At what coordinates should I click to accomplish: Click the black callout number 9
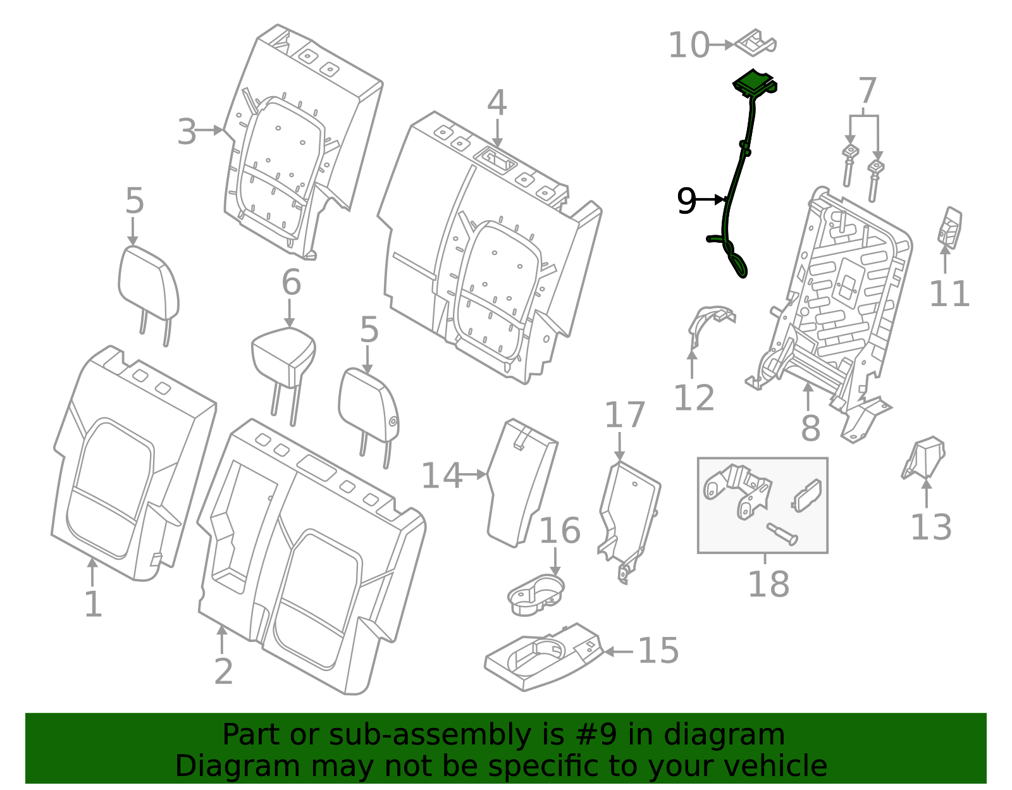686,201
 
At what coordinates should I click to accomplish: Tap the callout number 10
689,46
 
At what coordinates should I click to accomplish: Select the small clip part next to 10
756,42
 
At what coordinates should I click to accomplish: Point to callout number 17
625,416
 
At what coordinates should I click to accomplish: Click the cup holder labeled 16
536,595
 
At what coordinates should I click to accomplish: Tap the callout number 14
441,476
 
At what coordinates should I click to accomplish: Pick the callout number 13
931,528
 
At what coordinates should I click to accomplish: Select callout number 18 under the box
768,584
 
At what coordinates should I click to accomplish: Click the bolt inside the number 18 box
782,533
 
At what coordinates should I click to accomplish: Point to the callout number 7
867,91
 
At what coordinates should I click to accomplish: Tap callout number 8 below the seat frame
810,428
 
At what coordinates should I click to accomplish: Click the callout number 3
187,132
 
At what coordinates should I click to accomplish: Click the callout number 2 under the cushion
223,672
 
